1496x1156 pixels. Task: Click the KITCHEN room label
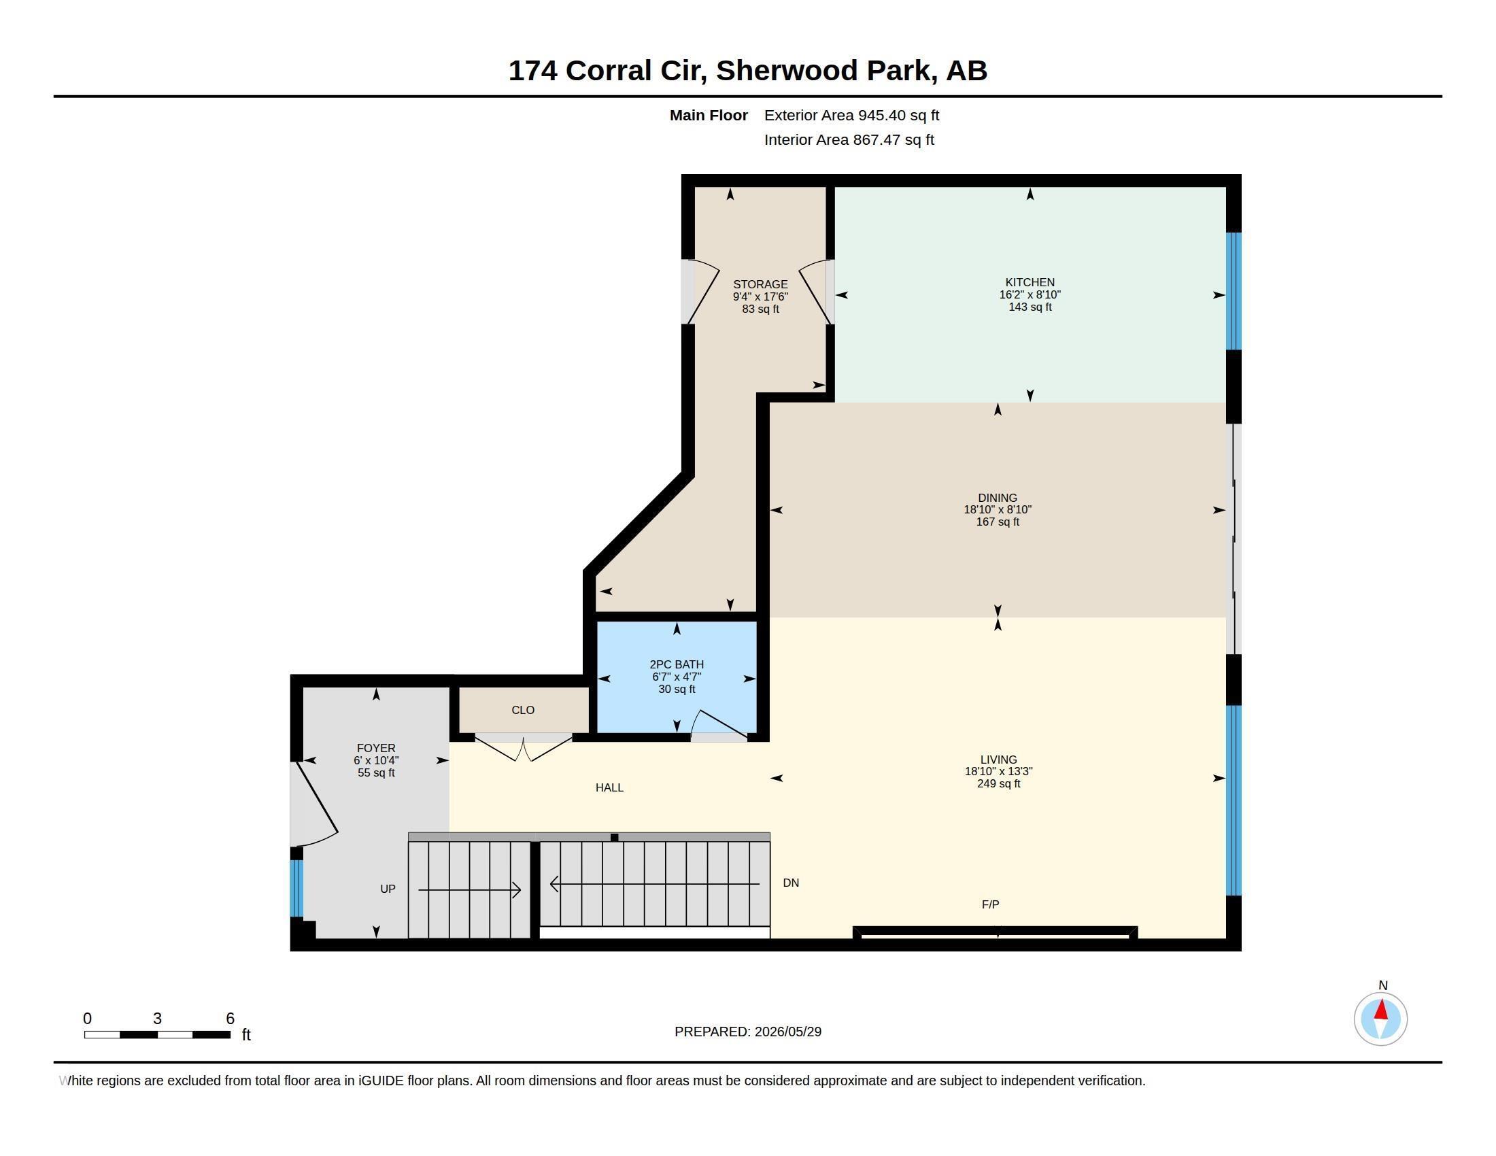(1030, 282)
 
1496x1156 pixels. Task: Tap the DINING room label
(998, 498)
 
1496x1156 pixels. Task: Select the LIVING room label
(999, 760)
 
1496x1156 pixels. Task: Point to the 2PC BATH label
(677, 664)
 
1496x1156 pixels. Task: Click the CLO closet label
(523, 710)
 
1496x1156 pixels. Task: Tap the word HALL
(609, 787)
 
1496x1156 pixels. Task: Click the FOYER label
(376, 749)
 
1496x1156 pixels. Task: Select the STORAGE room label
(760, 284)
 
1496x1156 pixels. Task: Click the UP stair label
(388, 889)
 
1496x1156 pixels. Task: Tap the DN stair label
(790, 883)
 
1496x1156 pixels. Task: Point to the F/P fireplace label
(990, 904)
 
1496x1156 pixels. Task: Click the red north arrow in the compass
(1381, 1010)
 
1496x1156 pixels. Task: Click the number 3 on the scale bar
(158, 1019)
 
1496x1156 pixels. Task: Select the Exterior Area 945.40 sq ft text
(851, 115)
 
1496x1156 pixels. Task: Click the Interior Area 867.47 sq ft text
(849, 139)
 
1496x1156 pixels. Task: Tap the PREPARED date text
(747, 1032)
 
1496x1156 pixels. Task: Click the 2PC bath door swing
(719, 724)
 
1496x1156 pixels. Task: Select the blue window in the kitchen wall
(1233, 291)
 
